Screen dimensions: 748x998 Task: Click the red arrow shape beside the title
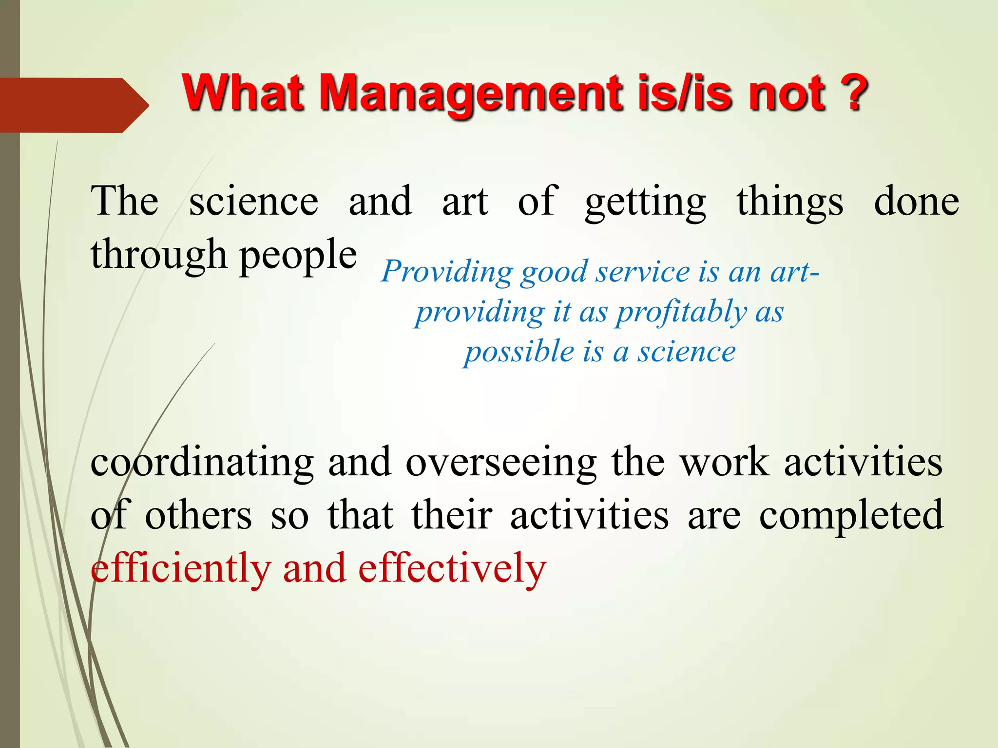click(73, 105)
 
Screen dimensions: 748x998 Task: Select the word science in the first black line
click(253, 202)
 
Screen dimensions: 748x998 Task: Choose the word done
click(916, 202)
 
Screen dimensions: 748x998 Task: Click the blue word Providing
click(446, 272)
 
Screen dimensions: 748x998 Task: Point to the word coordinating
click(202, 463)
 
